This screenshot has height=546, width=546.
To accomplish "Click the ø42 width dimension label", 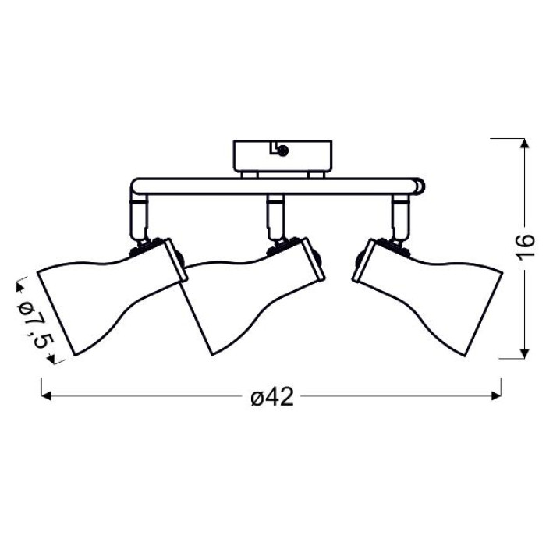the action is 272,396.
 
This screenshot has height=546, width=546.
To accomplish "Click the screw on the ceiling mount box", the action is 283,151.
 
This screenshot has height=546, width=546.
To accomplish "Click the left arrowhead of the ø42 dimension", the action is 46,396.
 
